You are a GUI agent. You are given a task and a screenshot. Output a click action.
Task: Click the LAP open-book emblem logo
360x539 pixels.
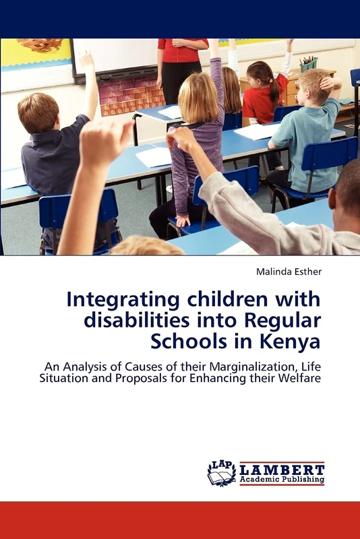(x=221, y=474)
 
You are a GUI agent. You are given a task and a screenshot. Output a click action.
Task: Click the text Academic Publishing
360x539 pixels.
(x=282, y=480)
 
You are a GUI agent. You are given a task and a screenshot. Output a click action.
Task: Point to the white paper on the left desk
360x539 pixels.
(x=154, y=156)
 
